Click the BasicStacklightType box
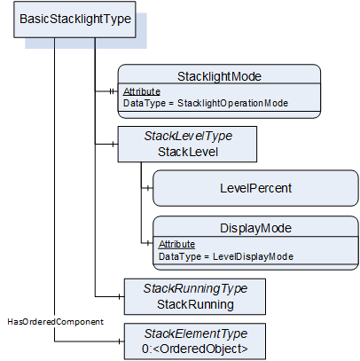tap(74, 20)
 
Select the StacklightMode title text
tap(219, 76)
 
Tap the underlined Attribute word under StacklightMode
tap(142, 91)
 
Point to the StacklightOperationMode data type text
tap(232, 103)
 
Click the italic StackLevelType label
tap(188, 137)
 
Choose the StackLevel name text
tap(188, 152)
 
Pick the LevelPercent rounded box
tap(255, 188)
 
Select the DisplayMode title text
tap(255, 228)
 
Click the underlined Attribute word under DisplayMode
tap(176, 244)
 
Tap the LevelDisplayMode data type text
tap(253, 256)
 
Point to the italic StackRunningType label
tap(195, 288)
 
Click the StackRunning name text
tap(195, 304)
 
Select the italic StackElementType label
tap(195, 334)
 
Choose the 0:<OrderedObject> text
tap(195, 349)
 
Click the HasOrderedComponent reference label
tap(55, 322)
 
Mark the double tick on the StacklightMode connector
tap(112, 91)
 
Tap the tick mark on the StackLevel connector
tap(113, 145)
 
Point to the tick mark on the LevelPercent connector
tap(148, 188)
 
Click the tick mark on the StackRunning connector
tap(119, 296)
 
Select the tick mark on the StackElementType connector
tap(119, 341)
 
